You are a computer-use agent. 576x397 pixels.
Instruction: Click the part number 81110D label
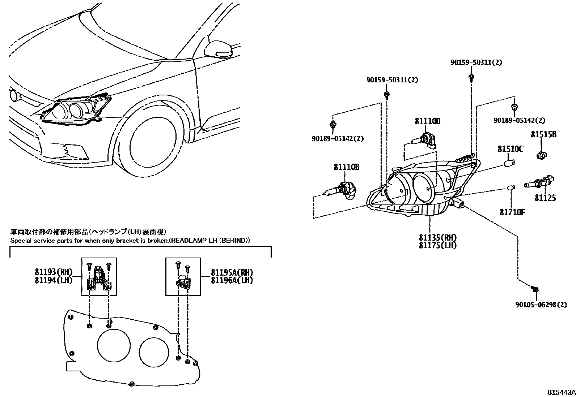point(427,121)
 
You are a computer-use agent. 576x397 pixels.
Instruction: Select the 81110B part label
point(346,167)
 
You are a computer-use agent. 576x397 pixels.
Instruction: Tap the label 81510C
point(510,149)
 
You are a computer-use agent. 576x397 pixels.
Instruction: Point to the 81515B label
point(543,134)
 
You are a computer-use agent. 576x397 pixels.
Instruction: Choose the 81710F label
point(512,212)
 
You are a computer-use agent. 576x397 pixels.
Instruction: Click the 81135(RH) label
point(438,237)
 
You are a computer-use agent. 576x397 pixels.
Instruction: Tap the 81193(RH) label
point(54,272)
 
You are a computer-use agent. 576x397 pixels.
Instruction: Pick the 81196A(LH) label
point(232,280)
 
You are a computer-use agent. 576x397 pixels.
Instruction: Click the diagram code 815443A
point(560,392)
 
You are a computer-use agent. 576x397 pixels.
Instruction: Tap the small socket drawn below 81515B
point(541,156)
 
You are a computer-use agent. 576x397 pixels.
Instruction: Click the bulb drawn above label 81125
point(539,183)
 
